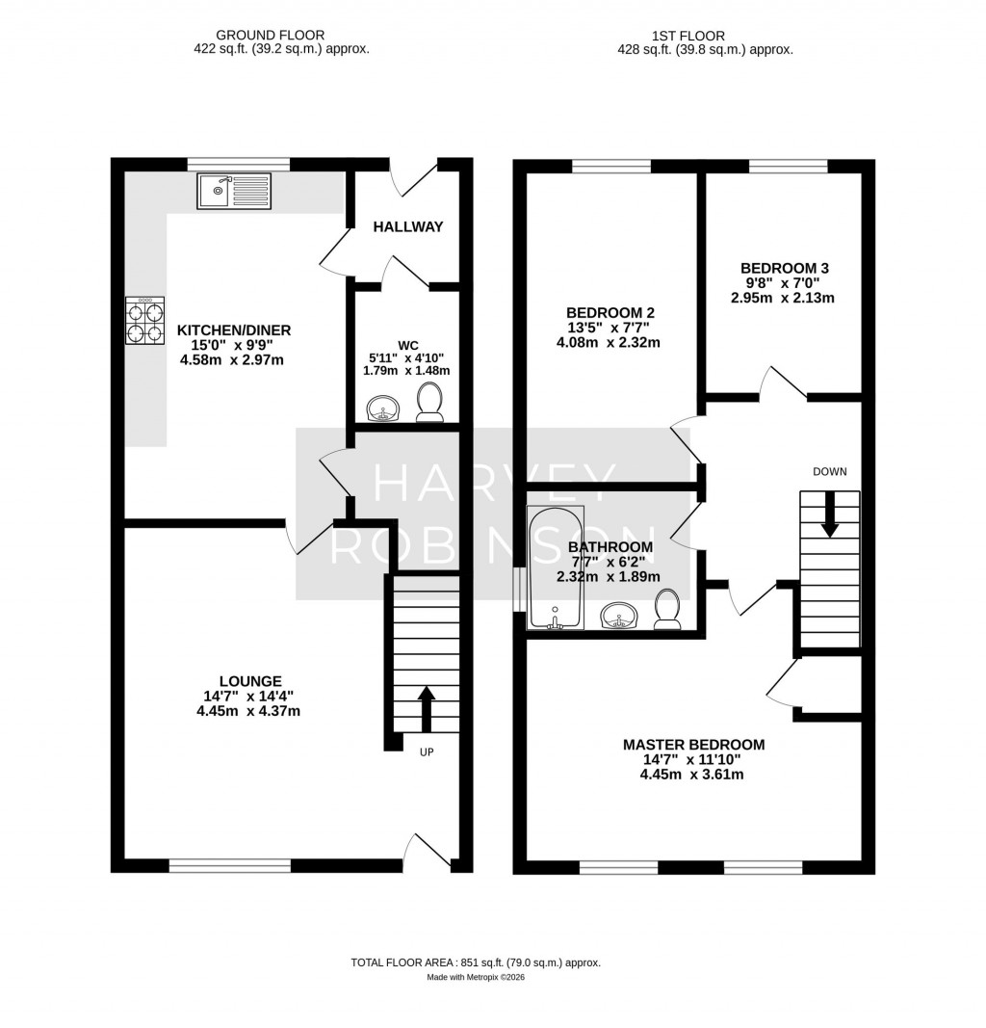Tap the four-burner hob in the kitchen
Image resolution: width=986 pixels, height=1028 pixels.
143,320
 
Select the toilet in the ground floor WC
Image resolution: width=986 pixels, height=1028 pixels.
428,403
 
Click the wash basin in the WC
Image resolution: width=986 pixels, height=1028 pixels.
385,409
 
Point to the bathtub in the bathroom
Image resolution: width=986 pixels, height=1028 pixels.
556,567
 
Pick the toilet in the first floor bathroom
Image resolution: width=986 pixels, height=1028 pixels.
666,610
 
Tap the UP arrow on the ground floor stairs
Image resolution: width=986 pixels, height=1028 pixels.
425,708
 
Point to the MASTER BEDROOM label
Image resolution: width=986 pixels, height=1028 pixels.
693,744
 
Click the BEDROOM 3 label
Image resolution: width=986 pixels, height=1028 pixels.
784,268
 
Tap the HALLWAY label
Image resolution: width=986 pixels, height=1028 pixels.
408,227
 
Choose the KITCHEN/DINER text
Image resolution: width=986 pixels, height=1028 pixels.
234,329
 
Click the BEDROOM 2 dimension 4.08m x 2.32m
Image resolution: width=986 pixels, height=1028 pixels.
610,343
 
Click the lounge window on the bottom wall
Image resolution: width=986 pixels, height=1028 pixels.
229,866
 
